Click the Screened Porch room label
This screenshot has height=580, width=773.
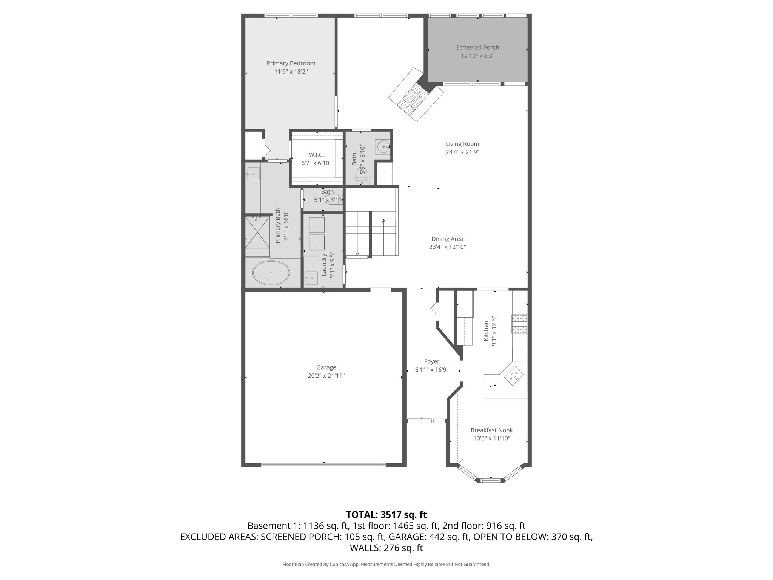[477, 48]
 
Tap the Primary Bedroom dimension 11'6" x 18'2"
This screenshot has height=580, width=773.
[291, 72]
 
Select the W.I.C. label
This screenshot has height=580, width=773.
[316, 155]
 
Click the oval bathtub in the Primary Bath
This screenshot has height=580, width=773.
[271, 273]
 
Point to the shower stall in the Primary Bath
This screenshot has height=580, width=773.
[257, 232]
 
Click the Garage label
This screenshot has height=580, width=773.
[326, 367]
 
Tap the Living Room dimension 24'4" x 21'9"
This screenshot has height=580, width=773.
[462, 152]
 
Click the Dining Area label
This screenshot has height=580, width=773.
[447, 239]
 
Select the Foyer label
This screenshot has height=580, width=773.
[432, 361]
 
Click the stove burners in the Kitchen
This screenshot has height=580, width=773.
[519, 324]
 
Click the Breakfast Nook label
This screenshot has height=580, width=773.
[492, 430]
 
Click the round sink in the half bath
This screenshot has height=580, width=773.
[383, 146]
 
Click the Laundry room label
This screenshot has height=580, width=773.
[324, 265]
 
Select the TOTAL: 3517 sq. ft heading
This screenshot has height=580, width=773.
[386, 515]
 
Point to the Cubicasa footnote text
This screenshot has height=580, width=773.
[386, 565]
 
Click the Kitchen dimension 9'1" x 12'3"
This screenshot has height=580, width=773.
[494, 332]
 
